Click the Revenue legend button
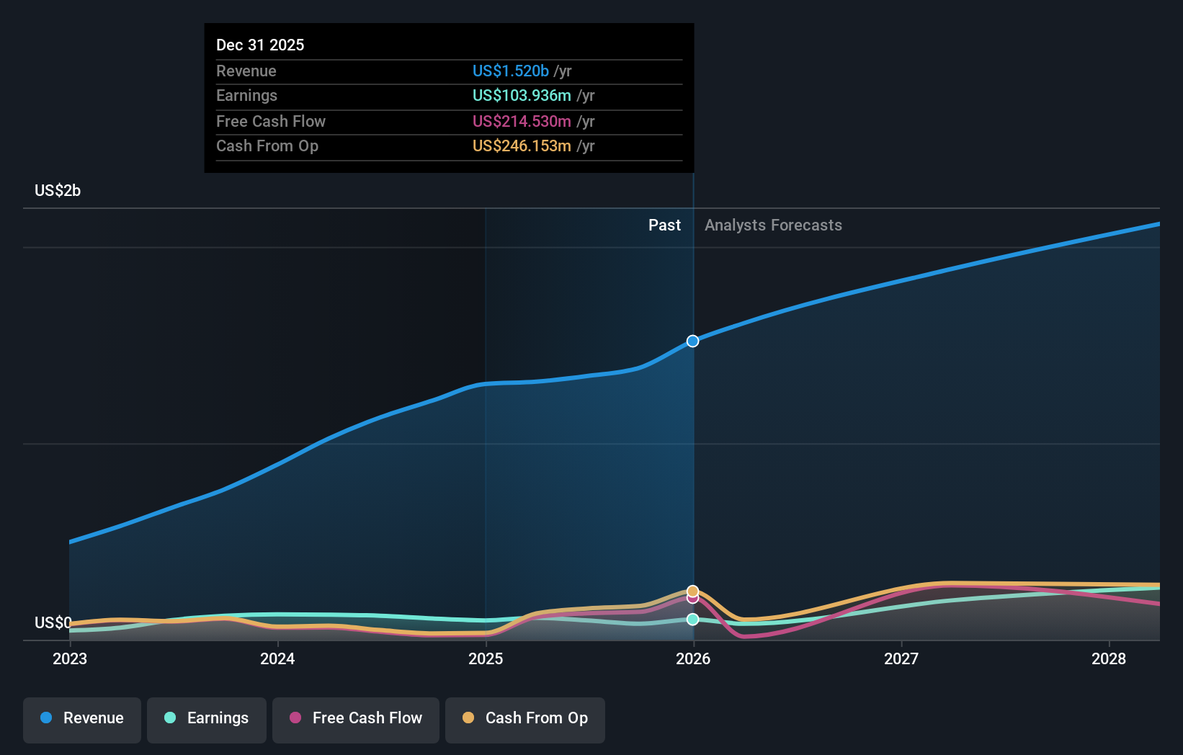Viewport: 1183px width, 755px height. pyautogui.click(x=82, y=718)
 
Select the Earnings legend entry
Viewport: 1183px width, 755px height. pyautogui.click(x=207, y=718)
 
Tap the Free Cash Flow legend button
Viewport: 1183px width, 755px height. pyautogui.click(x=356, y=718)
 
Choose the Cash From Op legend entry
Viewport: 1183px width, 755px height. pyautogui.click(x=525, y=718)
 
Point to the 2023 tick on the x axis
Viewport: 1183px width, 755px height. pyautogui.click(x=70, y=658)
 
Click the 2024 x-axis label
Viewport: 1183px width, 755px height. pyautogui.click(x=277, y=658)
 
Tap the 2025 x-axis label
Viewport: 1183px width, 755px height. pyautogui.click(x=486, y=658)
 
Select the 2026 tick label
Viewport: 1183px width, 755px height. pyautogui.click(x=693, y=658)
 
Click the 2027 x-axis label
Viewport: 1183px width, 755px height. pyautogui.click(x=901, y=658)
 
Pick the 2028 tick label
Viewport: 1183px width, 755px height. pyautogui.click(x=1109, y=658)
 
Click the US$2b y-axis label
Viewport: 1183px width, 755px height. pyautogui.click(x=58, y=191)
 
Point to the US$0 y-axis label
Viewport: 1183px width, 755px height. pyautogui.click(x=53, y=622)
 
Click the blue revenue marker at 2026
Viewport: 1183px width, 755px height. pyautogui.click(x=692, y=341)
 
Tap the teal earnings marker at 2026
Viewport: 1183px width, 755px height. pyautogui.click(x=692, y=619)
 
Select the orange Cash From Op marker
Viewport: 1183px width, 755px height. pyautogui.click(x=692, y=591)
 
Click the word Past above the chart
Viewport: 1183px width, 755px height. pyautogui.click(x=664, y=225)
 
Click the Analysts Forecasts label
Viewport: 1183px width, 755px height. pyautogui.click(x=773, y=225)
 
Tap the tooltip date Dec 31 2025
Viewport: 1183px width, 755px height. pyautogui.click(x=260, y=45)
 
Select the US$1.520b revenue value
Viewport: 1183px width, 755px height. pyautogui.click(x=511, y=71)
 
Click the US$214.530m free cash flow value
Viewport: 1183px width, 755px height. pyautogui.click(x=522, y=121)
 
